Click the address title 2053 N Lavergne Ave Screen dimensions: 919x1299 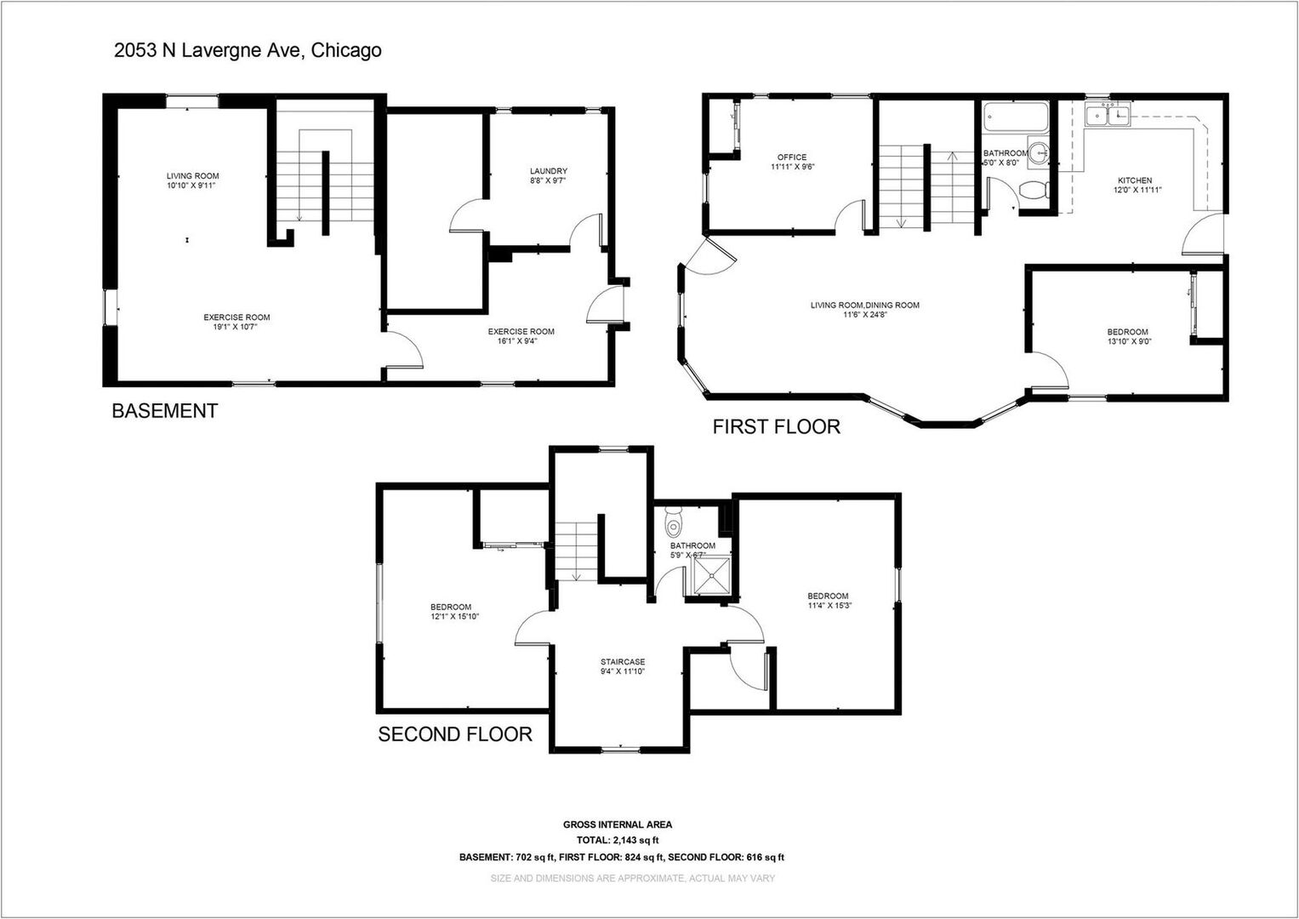248,50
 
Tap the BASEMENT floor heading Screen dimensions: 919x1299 165,411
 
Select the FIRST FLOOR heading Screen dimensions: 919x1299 776,426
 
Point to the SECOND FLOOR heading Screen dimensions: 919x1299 455,733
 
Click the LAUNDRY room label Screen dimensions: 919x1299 548,171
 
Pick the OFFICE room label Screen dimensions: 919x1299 791,157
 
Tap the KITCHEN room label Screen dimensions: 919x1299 1134,180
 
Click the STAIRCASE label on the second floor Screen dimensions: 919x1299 623,662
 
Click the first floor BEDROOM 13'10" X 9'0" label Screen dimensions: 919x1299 1127,332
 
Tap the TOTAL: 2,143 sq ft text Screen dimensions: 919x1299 618,840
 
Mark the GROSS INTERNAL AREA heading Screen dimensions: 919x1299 618,825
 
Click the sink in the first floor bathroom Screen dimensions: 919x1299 1038,153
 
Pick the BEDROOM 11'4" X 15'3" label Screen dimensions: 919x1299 828,596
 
